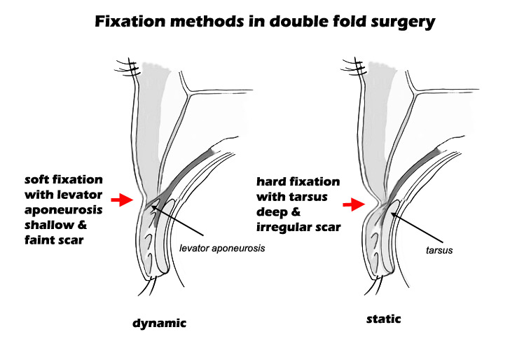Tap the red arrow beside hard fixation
[x=354, y=205]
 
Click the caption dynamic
[x=160, y=324]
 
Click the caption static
[x=385, y=320]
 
